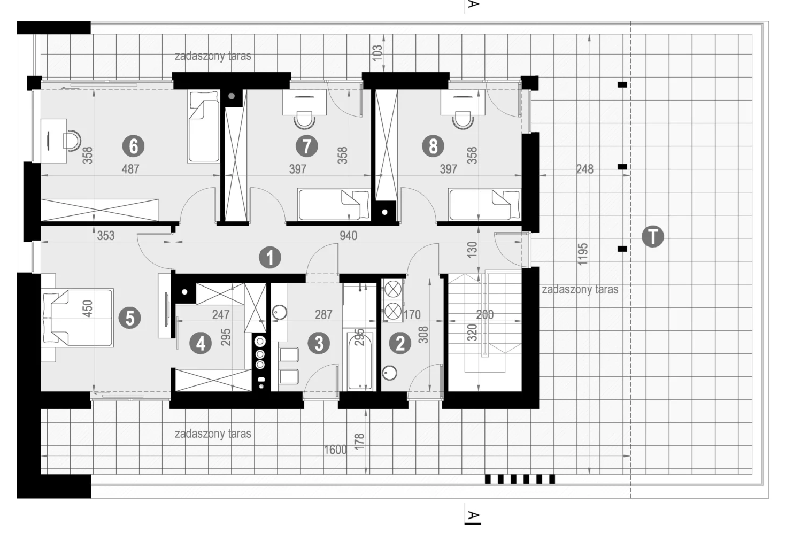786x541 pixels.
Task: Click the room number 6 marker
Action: click(133, 146)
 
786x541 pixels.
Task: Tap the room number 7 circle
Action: click(307, 146)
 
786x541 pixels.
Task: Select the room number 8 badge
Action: click(433, 146)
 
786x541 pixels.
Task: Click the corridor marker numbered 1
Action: click(270, 258)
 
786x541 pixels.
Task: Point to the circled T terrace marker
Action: click(653, 236)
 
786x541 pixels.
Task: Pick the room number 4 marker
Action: click(201, 343)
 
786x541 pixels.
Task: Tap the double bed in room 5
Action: click(78, 318)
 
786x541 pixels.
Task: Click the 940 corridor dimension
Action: click(348, 236)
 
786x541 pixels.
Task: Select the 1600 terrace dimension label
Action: click(335, 450)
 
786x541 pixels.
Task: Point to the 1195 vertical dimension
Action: click(582, 254)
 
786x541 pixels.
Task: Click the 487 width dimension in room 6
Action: click(130, 169)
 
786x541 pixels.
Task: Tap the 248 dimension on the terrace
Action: click(585, 169)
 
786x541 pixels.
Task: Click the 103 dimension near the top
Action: click(377, 53)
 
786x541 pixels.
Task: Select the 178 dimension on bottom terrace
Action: click(359, 442)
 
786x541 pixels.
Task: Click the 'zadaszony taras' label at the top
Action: click(213, 56)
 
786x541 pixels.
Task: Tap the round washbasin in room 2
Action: click(389, 373)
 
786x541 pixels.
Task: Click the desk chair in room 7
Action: click(305, 120)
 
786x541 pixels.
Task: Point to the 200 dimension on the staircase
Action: click(485, 314)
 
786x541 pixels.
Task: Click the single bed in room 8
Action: click(484, 205)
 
